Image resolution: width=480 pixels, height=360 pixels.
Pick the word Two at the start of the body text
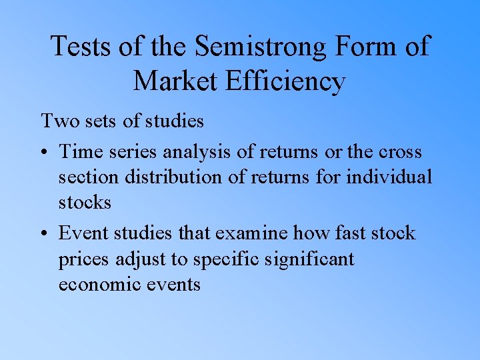coord(58,121)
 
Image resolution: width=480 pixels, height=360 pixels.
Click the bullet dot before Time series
coord(45,153)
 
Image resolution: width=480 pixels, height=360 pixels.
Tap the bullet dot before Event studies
coord(45,235)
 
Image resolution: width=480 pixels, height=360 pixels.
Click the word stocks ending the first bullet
coord(85,203)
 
